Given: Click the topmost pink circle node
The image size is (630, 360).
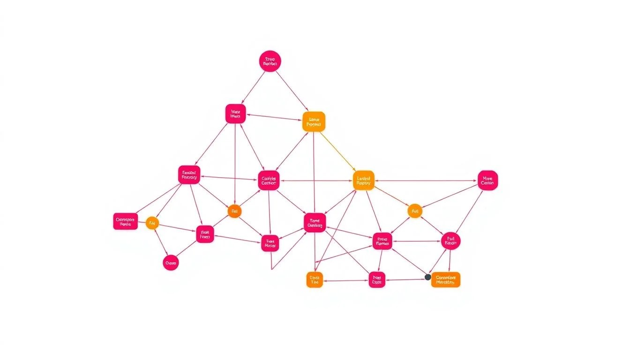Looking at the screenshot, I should point(270,61).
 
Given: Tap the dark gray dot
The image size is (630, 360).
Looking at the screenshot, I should point(427,277).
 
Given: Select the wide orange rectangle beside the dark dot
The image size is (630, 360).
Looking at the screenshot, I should point(445,280).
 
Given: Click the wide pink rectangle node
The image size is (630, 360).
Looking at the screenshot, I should point(125,221).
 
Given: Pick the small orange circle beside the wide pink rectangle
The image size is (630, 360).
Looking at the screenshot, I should point(152,223).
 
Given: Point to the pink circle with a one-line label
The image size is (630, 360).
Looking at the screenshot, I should point(171,263).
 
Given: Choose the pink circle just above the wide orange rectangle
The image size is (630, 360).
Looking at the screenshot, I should point(450,241).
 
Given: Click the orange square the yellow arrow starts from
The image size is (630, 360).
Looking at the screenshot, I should point(314,122).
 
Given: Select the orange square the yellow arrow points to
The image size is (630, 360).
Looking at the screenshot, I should point(363,180).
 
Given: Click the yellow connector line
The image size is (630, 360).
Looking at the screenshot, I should point(338,151).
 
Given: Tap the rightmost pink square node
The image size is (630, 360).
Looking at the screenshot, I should point(487,180).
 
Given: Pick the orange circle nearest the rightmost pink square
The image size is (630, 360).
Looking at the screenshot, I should point(414,211).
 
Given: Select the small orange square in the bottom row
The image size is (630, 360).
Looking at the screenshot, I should point(315,280).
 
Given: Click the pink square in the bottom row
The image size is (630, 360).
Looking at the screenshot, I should point(377,280).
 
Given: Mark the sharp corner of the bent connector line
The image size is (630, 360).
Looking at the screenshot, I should point(271,270).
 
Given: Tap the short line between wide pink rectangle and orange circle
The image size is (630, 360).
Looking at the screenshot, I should point(142,222).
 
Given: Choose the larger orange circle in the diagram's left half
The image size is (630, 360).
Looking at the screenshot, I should point(234,211).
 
